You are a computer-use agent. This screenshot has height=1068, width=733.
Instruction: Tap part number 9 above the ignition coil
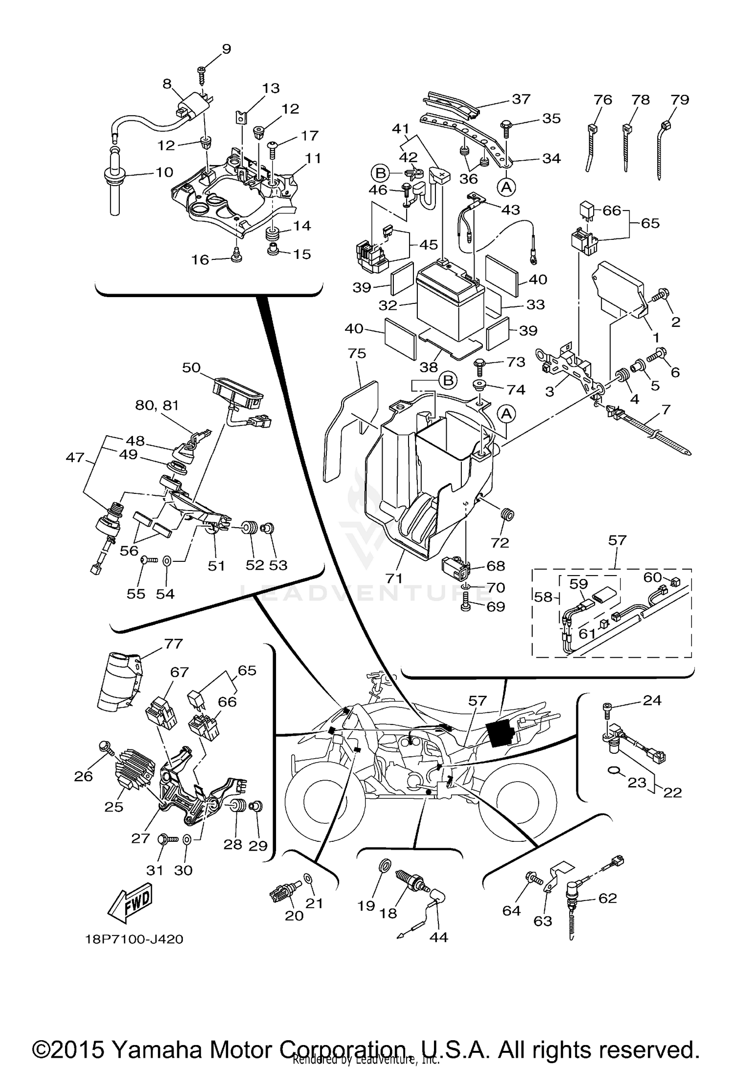[226, 49]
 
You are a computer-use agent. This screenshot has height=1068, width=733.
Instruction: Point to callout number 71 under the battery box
[393, 578]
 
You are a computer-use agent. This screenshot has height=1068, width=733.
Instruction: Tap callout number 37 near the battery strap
[521, 99]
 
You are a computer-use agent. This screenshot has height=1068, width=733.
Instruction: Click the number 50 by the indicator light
[191, 367]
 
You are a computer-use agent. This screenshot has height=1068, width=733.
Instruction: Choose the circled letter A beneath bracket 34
[507, 186]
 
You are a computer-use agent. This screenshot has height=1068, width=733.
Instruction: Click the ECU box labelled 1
[618, 288]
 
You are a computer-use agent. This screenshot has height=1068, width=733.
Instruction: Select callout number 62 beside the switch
[607, 898]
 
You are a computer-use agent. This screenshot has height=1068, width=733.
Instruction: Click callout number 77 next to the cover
[173, 644]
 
